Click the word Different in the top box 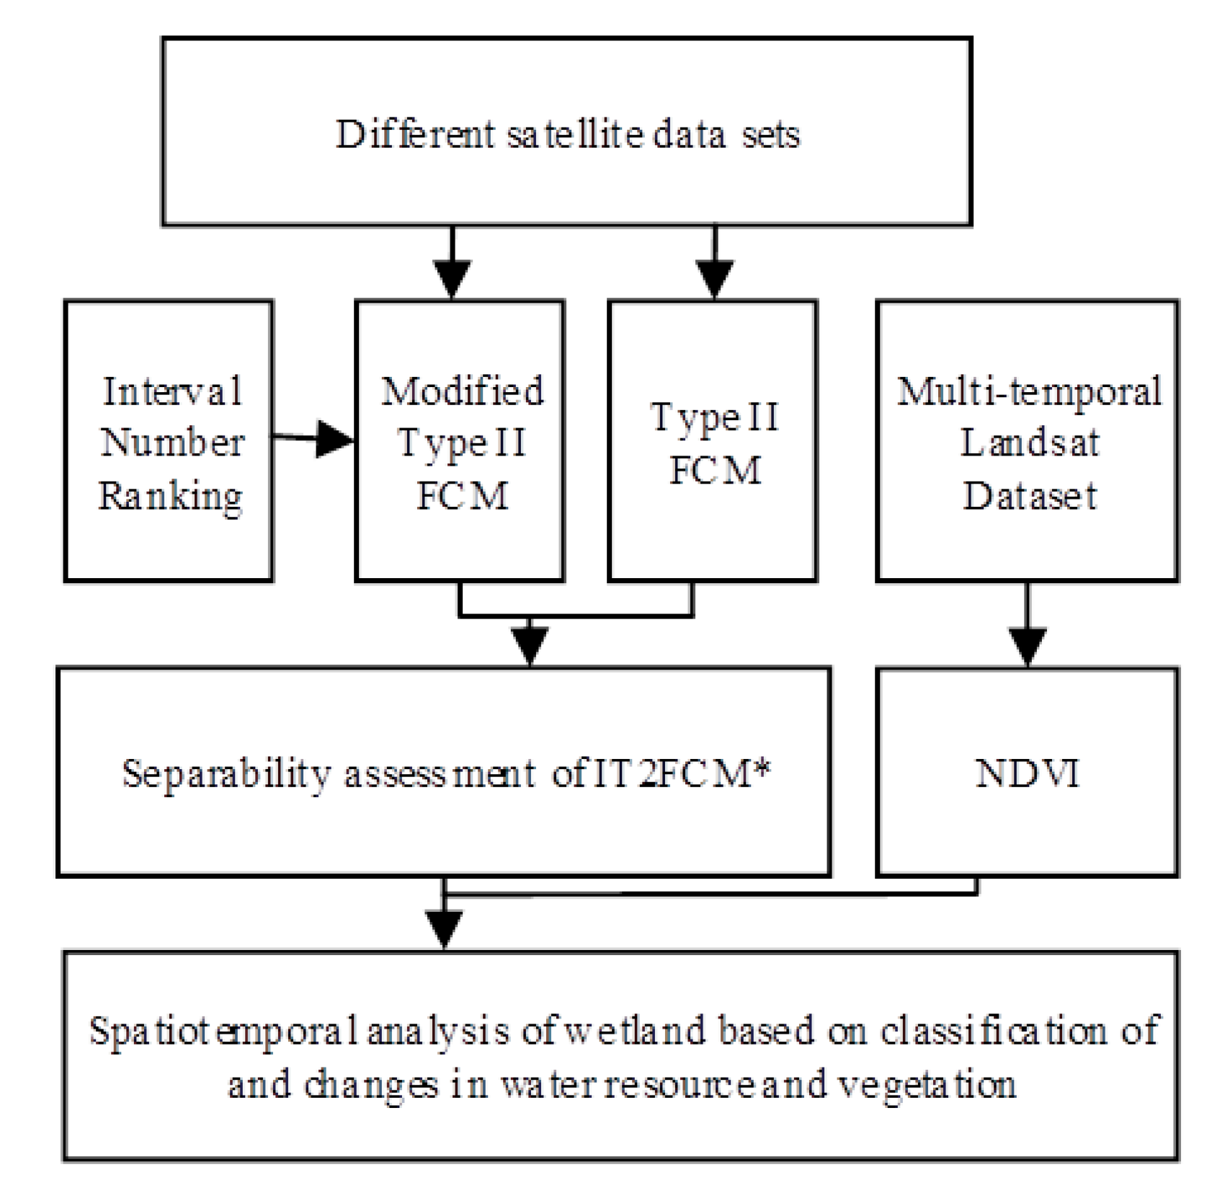415,135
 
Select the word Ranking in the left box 171,497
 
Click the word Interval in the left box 172,392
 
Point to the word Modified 462,391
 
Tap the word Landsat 1030,443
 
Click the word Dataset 1030,496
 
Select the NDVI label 1028,773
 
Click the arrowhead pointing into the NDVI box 1027,647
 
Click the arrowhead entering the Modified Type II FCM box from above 452,278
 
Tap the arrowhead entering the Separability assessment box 530,646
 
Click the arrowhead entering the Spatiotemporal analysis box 444,930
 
